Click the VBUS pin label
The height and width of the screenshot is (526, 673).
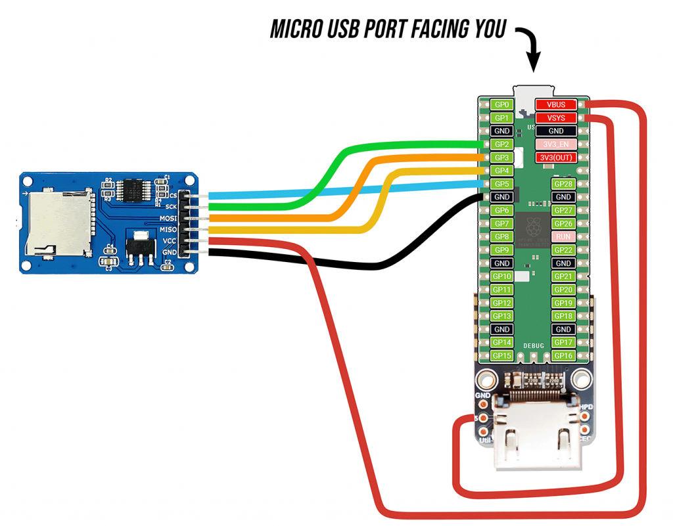(x=556, y=104)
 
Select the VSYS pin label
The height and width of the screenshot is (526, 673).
(x=556, y=118)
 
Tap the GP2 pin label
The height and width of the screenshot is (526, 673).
(x=501, y=144)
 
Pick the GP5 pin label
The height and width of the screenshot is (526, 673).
(x=501, y=184)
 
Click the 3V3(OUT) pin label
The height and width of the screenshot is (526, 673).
(x=556, y=158)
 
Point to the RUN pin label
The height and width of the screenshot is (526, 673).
(x=563, y=236)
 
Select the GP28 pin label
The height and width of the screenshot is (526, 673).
(x=563, y=184)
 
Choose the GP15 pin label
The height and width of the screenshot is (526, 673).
(x=501, y=355)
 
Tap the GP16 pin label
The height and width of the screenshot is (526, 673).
(x=563, y=355)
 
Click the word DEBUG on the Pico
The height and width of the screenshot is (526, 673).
(x=534, y=345)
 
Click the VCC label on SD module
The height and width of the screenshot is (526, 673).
(x=170, y=241)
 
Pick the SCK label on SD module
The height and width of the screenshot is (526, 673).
(x=172, y=206)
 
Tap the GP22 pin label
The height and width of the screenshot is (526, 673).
(x=563, y=250)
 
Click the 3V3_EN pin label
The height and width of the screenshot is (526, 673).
(x=556, y=144)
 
